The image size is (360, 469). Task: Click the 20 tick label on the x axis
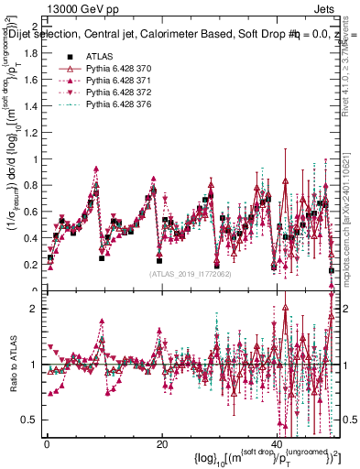pos(161,443)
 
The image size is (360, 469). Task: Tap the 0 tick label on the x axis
pos(46,443)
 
